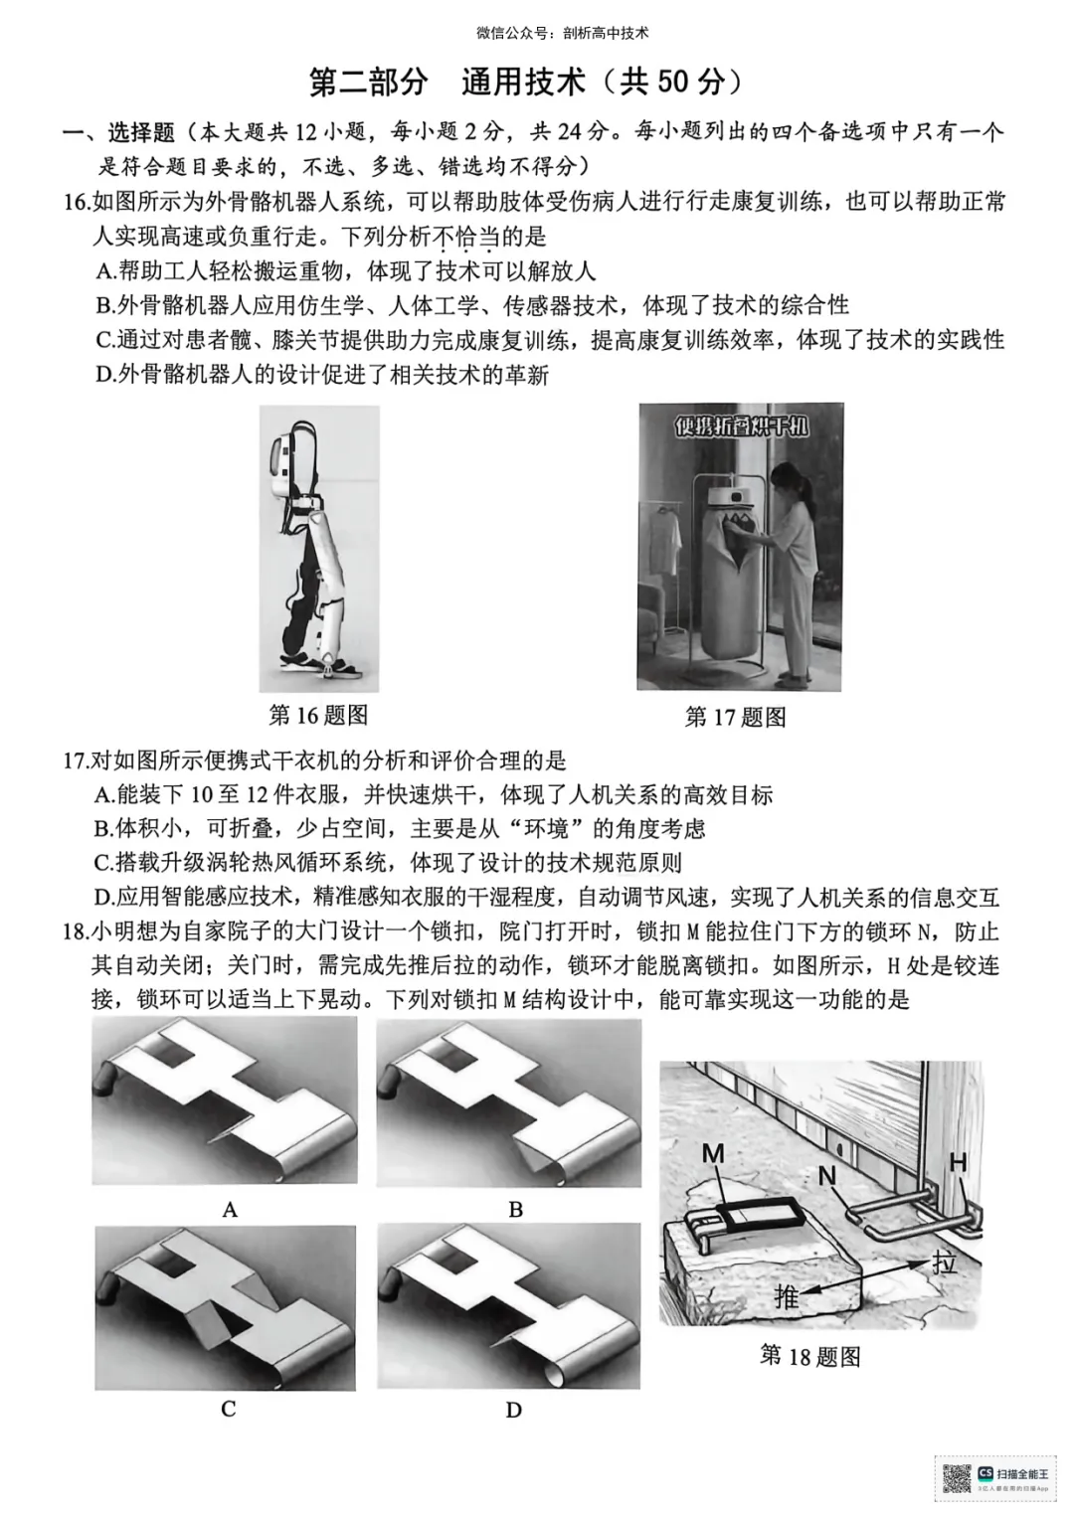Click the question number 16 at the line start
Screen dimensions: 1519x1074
coord(77,203)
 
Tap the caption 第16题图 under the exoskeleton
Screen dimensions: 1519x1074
coord(318,715)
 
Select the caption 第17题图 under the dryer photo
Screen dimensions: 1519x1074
coord(735,717)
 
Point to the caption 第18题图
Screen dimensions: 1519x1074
coord(809,1355)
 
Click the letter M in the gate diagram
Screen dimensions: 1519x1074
coord(714,1153)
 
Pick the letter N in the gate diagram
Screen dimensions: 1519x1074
coord(827,1176)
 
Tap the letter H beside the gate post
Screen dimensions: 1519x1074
coord(959,1161)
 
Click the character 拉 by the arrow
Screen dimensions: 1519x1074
coord(944,1263)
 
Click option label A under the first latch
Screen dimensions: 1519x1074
coord(231,1210)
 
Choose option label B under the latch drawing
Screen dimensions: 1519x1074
coord(515,1210)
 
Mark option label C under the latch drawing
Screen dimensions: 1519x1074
coord(229,1409)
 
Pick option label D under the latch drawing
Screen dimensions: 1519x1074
coord(513,1410)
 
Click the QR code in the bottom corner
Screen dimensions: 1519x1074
coord(955,1479)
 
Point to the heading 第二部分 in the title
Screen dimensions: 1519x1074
coord(368,83)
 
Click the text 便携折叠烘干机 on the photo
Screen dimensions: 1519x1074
coord(742,428)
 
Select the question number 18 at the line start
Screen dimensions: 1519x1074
coord(76,932)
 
